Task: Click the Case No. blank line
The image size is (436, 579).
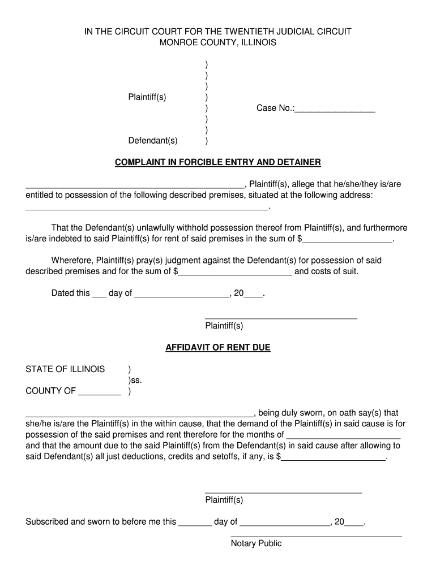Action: [x=335, y=112]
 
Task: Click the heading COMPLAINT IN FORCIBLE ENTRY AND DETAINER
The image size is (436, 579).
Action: [x=218, y=162]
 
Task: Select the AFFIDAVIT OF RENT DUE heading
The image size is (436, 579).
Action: [x=218, y=347]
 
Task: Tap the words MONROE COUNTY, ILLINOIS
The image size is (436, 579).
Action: [x=218, y=42]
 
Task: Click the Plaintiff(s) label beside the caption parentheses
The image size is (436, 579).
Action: [x=147, y=97]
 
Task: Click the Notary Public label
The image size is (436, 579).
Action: [x=256, y=543]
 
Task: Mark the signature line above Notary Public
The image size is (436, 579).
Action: [x=316, y=535]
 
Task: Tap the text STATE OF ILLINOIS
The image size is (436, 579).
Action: [x=65, y=369]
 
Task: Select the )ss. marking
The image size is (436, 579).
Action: [x=135, y=380]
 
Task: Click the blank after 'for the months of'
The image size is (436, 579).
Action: [x=344, y=438]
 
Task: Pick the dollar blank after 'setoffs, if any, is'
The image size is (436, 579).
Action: [x=334, y=460]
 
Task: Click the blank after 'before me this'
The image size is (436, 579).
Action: [x=195, y=525]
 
